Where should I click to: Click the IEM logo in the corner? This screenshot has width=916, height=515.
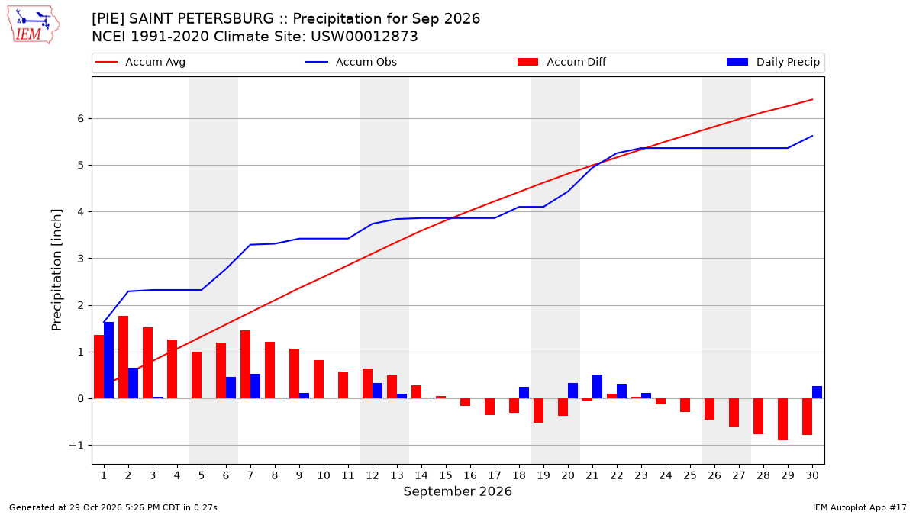coord(34,25)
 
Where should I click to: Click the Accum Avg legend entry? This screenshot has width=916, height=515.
coord(140,62)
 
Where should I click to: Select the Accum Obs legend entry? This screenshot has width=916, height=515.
coord(351,62)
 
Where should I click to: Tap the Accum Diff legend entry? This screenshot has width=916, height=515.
coord(562,62)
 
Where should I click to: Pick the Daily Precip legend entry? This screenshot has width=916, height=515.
coord(772,62)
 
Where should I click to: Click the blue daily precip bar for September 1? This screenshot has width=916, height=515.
coord(108,360)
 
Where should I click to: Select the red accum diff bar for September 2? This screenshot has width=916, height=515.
coord(123,357)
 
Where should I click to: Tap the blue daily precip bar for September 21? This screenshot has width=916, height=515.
coord(597,387)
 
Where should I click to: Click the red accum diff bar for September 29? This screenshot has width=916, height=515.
coord(782,420)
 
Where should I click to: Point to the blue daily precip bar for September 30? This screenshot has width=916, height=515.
coord(817,392)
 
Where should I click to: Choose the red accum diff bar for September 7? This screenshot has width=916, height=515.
coord(245,365)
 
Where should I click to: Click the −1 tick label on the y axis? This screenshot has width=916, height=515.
coord(76,445)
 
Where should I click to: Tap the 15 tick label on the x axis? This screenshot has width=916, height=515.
coord(446,475)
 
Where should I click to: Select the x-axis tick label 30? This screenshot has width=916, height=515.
coord(812,475)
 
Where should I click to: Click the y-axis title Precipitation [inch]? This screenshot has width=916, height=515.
coord(56,270)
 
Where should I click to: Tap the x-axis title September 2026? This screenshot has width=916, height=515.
coord(457,491)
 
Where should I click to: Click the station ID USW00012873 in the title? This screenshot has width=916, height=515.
coord(364,37)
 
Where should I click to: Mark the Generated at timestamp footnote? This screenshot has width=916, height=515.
coord(113,507)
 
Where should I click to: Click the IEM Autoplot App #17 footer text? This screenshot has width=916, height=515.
coord(860,507)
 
